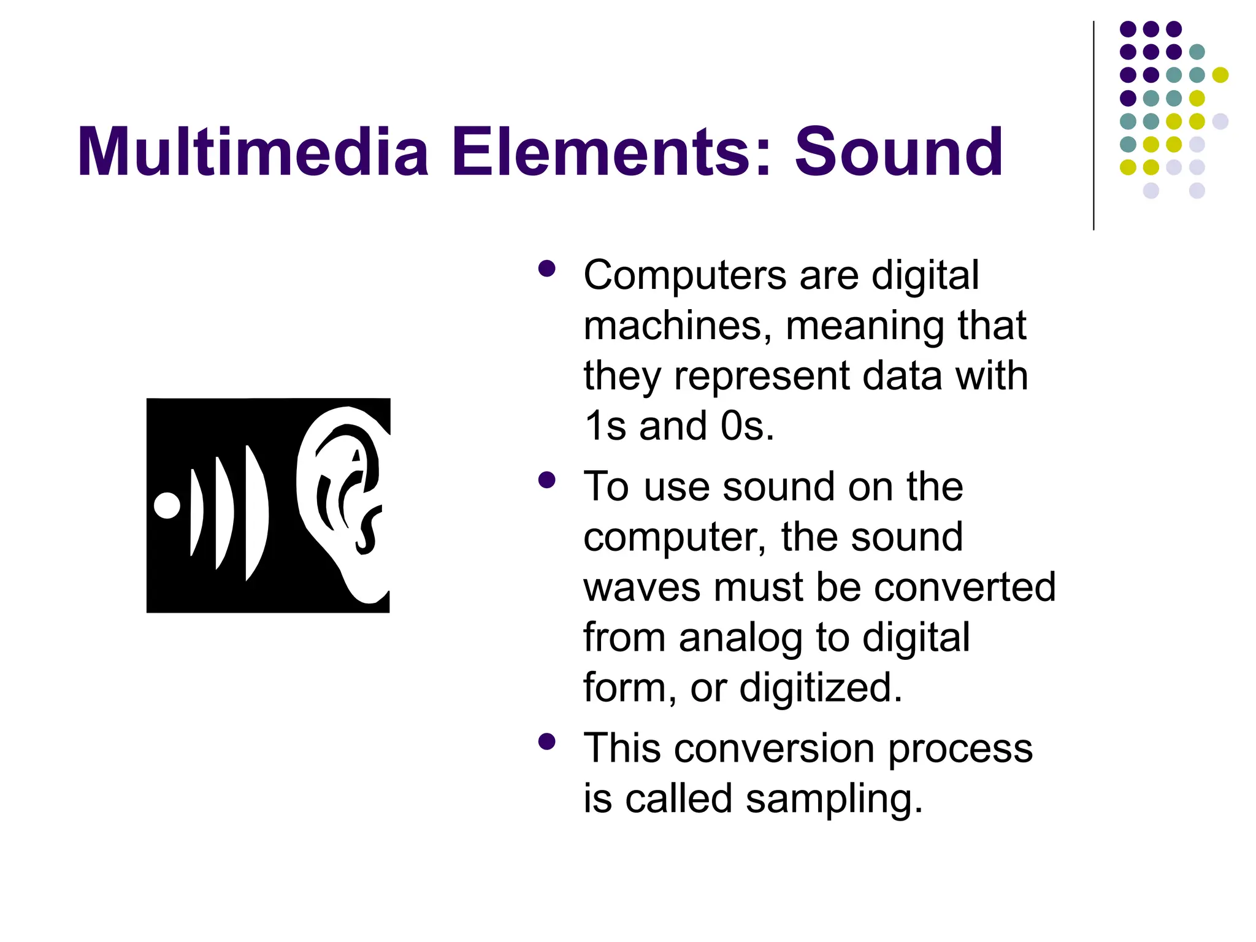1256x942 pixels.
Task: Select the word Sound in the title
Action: [898, 151]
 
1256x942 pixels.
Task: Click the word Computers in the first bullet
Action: [684, 275]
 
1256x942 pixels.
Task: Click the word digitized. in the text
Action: [821, 687]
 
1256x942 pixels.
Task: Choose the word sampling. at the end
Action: [834, 800]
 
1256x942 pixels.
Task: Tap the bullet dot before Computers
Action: [546, 269]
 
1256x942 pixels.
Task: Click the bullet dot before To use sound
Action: [546, 480]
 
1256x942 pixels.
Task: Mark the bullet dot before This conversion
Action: [546, 742]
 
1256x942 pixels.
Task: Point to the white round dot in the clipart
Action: [167, 505]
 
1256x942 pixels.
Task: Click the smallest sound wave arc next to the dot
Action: [196, 512]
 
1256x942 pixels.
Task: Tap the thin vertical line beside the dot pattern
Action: [1093, 126]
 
